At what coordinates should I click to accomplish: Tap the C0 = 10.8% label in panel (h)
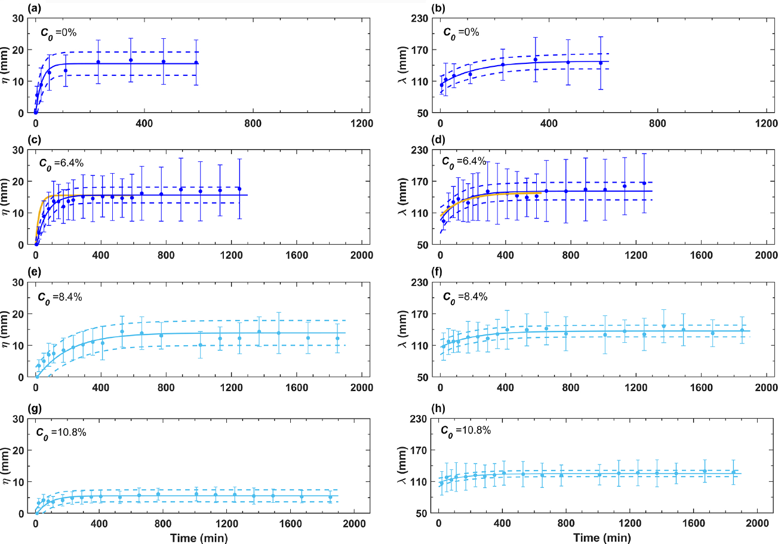[x=464, y=429]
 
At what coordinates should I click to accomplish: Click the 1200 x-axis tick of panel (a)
[x=361, y=124]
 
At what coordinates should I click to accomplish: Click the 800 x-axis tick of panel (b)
[x=657, y=124]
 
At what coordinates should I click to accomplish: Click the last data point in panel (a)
[x=196, y=63]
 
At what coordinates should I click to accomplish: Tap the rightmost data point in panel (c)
[x=239, y=189]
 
